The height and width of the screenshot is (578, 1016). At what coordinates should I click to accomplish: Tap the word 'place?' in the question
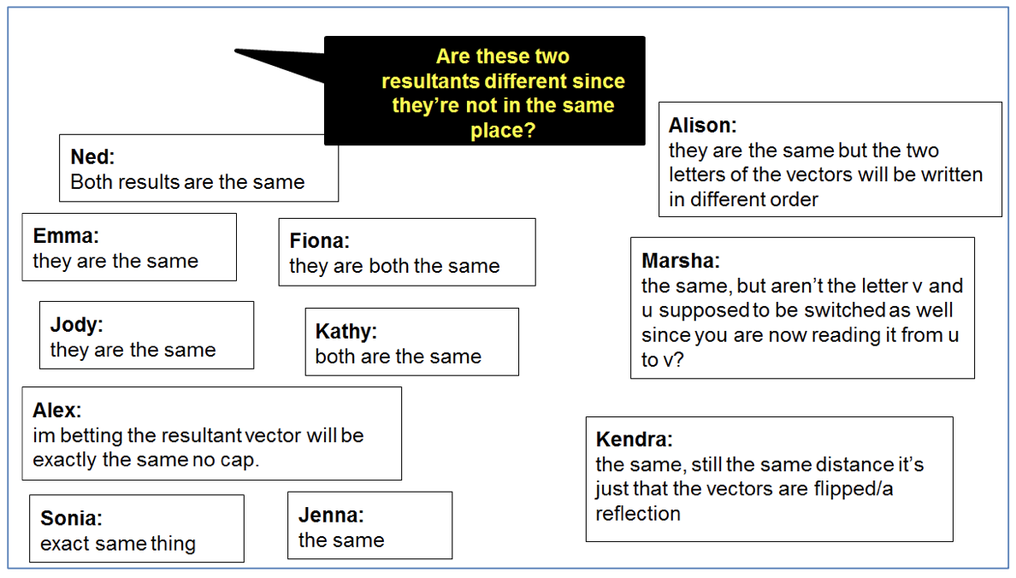tap(503, 131)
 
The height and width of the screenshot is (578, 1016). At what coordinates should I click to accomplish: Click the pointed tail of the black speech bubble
tap(235, 50)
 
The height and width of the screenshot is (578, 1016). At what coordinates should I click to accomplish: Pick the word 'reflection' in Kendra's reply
tap(638, 514)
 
